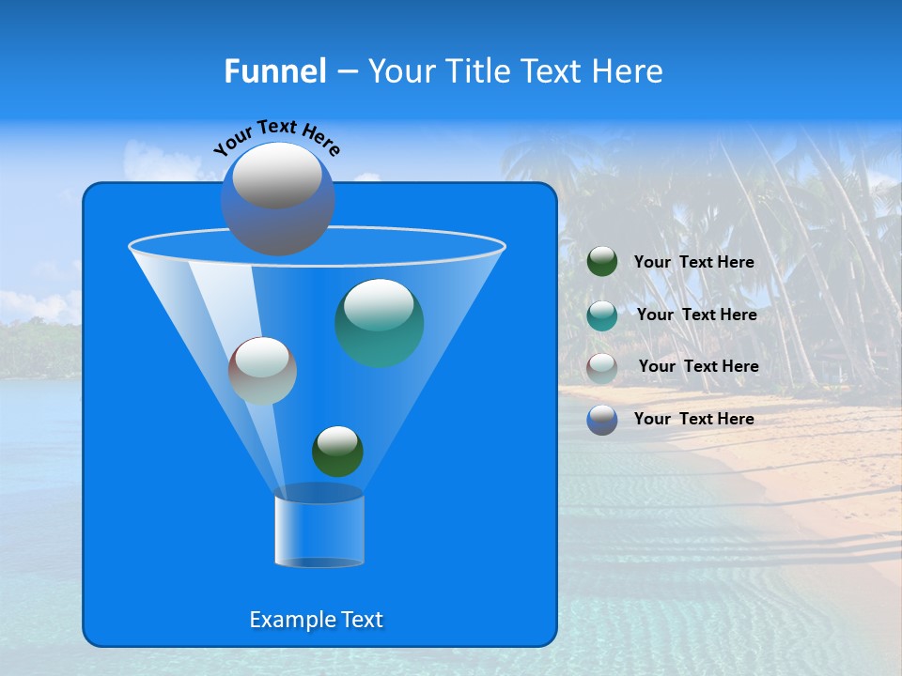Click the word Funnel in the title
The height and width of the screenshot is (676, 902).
coord(274,71)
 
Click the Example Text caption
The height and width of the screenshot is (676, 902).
coord(316,620)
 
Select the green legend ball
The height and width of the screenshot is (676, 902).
coord(602,262)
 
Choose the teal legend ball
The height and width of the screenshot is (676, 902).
coord(602,315)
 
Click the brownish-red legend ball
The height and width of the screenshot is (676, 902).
coord(602,368)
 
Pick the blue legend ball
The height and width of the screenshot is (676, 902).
coord(602,420)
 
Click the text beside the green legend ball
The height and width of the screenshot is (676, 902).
coord(693,263)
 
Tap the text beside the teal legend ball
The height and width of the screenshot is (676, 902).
coord(696,315)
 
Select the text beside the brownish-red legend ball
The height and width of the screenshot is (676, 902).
coord(698,367)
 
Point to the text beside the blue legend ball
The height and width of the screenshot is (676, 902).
coord(693,419)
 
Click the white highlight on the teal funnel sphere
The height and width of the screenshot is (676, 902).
coord(379,306)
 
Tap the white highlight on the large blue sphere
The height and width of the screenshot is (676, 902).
coord(276,176)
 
